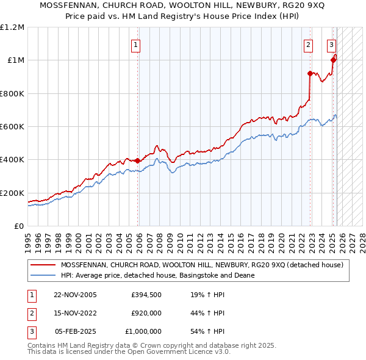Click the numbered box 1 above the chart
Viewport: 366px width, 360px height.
click(x=135, y=44)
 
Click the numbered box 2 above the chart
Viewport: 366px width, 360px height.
click(x=309, y=44)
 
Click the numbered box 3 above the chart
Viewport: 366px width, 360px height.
click(x=331, y=44)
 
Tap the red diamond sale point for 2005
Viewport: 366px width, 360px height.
click(x=138, y=161)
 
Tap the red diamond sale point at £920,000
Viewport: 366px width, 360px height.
click(x=310, y=74)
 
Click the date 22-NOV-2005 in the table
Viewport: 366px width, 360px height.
click(x=76, y=295)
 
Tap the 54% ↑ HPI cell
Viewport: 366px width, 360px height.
click(x=207, y=331)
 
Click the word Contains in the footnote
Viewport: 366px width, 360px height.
click(x=43, y=345)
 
